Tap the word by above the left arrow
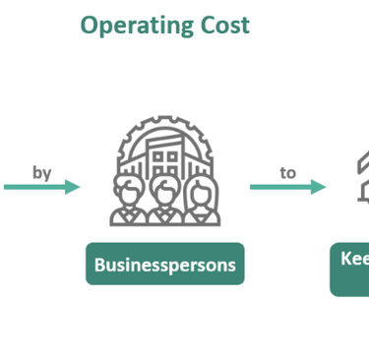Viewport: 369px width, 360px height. pos(41,172)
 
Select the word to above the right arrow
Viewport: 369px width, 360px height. pos(287,172)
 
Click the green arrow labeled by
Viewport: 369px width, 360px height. pos(39,187)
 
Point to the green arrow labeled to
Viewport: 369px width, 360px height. pos(285,187)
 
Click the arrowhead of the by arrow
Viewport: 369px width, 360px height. pos(73,187)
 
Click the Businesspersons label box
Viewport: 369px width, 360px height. pos(164,264)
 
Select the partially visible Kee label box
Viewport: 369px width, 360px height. pos(349,268)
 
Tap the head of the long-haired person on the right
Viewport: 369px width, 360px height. pos(198,188)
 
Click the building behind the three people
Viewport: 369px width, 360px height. pos(163,157)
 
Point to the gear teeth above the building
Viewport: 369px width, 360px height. pos(163,122)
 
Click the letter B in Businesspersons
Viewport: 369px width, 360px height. pos(99,264)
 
